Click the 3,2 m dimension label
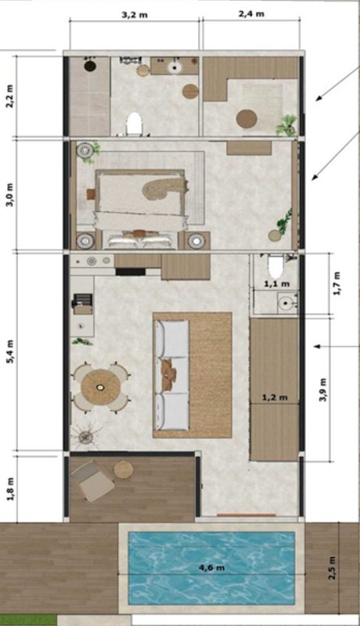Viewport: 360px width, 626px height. pyautogui.click(x=134, y=15)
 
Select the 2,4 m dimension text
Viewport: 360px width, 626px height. pyautogui.click(x=251, y=14)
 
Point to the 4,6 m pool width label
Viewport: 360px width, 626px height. pyautogui.click(x=211, y=567)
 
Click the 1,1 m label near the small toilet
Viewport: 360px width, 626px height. pyautogui.click(x=277, y=284)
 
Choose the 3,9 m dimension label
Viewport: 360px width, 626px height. pyautogui.click(x=322, y=389)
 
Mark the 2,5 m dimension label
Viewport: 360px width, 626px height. pyautogui.click(x=332, y=568)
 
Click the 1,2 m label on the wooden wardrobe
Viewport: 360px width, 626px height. pyautogui.click(x=275, y=398)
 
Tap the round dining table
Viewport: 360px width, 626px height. pyautogui.click(x=101, y=387)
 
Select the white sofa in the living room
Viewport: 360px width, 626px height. pyautogui.click(x=172, y=375)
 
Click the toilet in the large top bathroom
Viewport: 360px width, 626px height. pyautogui.click(x=134, y=124)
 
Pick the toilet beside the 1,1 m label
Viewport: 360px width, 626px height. pyautogui.click(x=275, y=266)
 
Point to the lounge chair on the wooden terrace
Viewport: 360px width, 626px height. pyautogui.click(x=92, y=480)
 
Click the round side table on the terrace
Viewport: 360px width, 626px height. pyautogui.click(x=124, y=469)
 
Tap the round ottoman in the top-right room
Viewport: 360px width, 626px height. pyautogui.click(x=247, y=119)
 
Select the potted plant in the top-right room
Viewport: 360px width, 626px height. pyautogui.click(x=287, y=125)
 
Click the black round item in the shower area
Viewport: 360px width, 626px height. pyautogui.click(x=90, y=66)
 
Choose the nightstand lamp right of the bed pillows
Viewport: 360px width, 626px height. pyautogui.click(x=196, y=240)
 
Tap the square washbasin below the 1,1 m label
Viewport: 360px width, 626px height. pyautogui.click(x=286, y=303)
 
